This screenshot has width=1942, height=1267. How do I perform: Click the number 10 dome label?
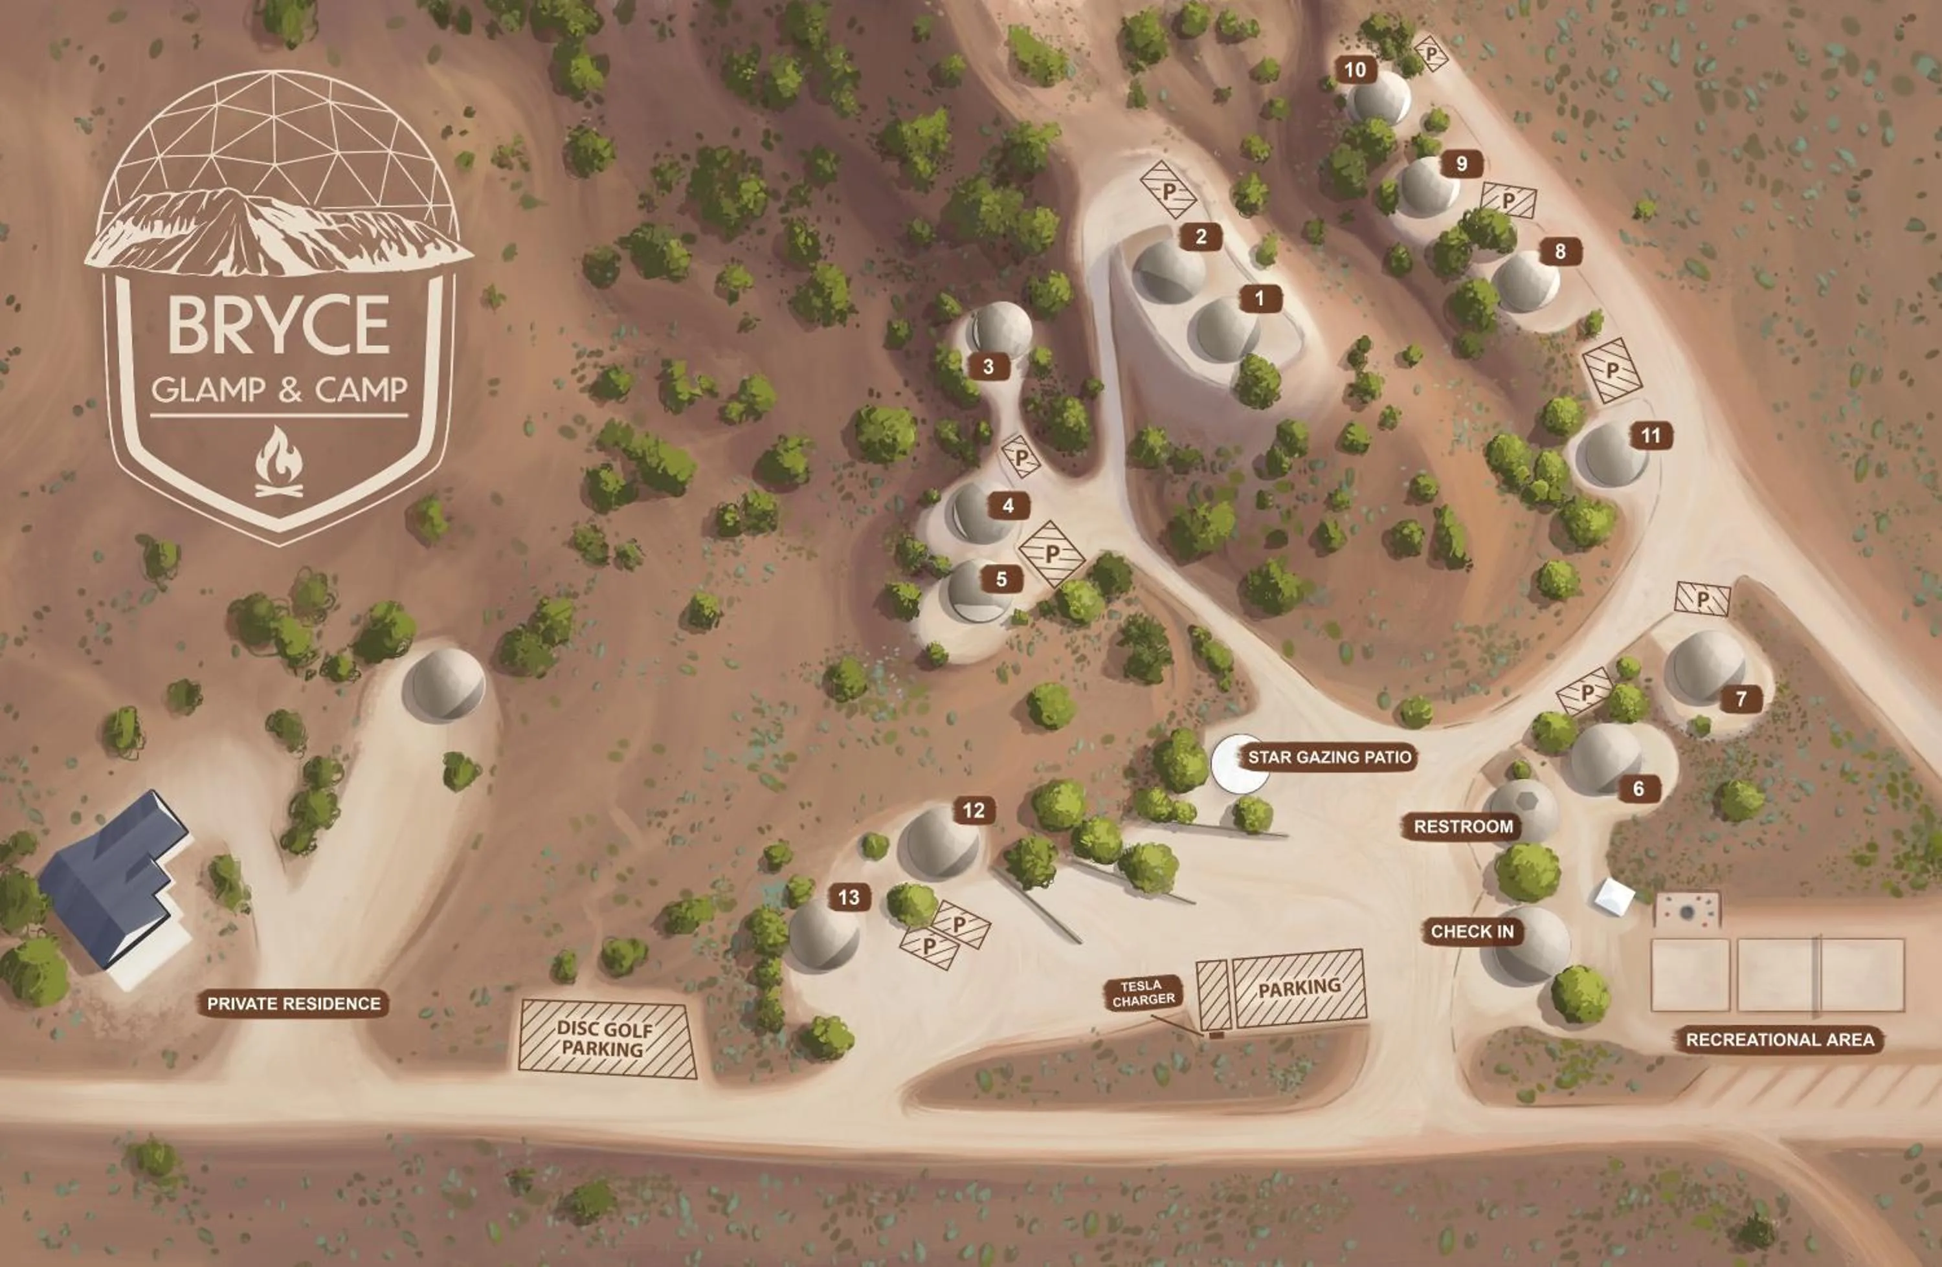click(x=1354, y=70)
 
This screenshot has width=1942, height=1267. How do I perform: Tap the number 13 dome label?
click(x=849, y=898)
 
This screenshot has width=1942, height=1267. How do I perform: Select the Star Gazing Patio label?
click(x=1329, y=757)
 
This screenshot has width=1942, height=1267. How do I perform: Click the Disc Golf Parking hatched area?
click(x=607, y=1039)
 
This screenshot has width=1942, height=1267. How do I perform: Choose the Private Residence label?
click(x=294, y=1004)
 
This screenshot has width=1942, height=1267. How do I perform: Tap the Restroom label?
click(x=1463, y=826)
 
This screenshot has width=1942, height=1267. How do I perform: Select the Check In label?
click(x=1472, y=931)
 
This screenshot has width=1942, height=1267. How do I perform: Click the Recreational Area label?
click(x=1780, y=1039)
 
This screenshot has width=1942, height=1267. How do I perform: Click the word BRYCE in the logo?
click(x=279, y=325)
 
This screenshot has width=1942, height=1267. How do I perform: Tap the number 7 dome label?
click(x=1741, y=698)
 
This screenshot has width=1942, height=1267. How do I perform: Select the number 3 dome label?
click(x=988, y=366)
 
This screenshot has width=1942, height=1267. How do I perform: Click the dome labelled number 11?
click(x=1611, y=454)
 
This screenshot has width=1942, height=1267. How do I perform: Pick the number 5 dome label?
click(x=1001, y=579)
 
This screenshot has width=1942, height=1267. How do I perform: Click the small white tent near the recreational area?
click(x=1614, y=897)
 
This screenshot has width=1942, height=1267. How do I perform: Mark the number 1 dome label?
click(x=1259, y=298)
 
